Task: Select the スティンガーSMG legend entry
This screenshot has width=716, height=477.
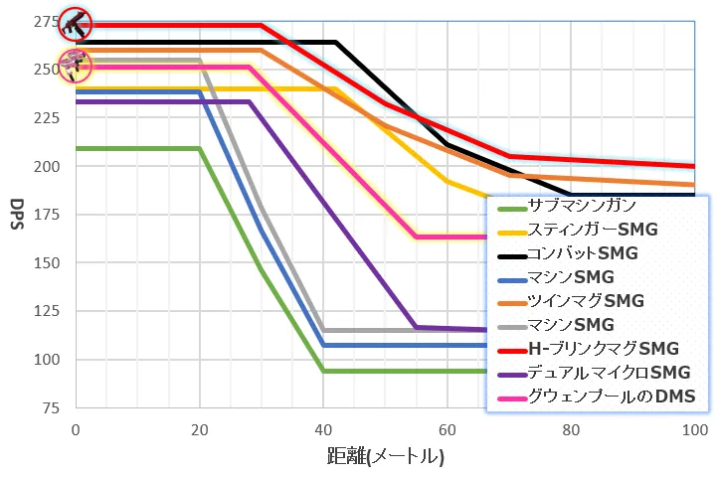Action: click(x=587, y=230)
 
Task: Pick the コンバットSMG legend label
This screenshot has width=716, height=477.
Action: click(x=583, y=253)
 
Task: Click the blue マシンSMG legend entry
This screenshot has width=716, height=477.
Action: click(x=572, y=276)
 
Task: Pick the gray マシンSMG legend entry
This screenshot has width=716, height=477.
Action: click(x=572, y=325)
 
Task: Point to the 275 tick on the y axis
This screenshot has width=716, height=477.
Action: click(x=47, y=21)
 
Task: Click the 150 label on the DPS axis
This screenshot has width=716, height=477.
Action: click(x=47, y=263)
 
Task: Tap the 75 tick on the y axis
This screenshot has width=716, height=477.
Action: click(x=52, y=408)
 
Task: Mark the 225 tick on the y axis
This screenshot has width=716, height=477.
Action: click(x=47, y=118)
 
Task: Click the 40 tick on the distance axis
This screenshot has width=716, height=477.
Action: click(x=322, y=430)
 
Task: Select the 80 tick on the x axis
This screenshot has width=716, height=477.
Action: click(x=571, y=430)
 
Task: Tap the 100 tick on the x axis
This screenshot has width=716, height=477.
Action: click(x=694, y=430)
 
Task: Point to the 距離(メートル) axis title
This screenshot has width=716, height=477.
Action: click(x=385, y=458)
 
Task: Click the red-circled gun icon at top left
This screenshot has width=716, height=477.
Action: click(x=75, y=22)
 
